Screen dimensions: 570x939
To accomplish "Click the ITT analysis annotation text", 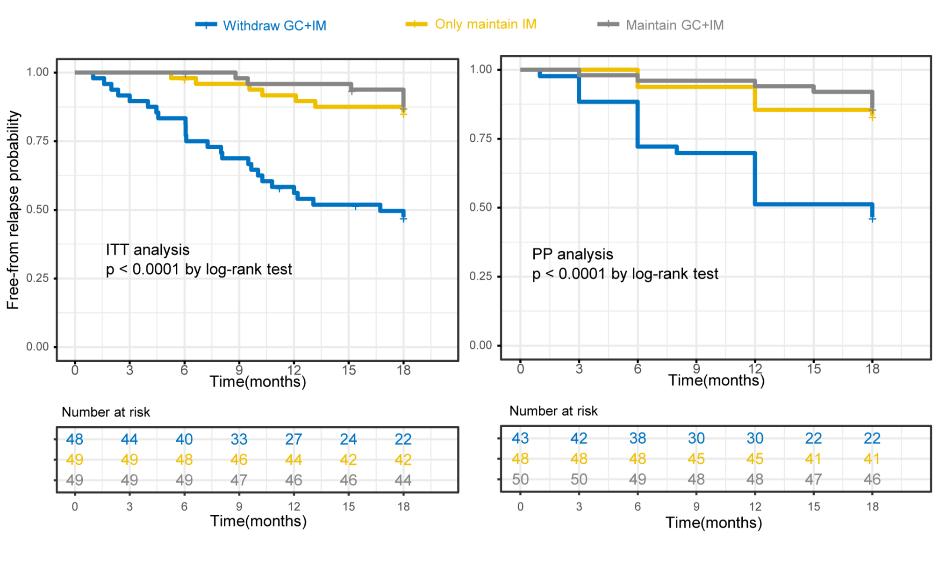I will click(148, 250).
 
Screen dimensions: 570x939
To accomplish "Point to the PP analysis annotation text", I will click(573, 254).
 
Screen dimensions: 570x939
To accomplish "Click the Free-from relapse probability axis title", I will click(13, 210).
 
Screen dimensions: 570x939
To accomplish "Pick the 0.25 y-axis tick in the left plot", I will click(37, 278).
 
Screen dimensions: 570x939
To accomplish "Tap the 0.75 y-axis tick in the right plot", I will click(480, 138).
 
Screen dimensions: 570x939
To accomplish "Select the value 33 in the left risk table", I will click(239, 439).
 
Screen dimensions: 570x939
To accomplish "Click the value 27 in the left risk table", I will click(294, 439).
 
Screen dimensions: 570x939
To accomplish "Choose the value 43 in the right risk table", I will click(520, 438).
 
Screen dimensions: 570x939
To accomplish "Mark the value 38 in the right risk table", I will click(638, 438).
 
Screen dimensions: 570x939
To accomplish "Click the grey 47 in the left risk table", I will click(239, 480).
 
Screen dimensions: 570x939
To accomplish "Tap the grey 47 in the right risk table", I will click(813, 479).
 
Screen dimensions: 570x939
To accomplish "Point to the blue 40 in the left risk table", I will click(184, 439).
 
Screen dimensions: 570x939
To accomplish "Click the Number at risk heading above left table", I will click(106, 412).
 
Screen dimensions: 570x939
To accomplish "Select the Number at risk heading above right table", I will click(553, 411).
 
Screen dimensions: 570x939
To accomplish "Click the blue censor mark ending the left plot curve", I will click(403, 219).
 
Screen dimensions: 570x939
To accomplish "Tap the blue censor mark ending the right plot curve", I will click(872, 219).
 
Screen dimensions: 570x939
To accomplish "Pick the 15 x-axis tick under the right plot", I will click(814, 369).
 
